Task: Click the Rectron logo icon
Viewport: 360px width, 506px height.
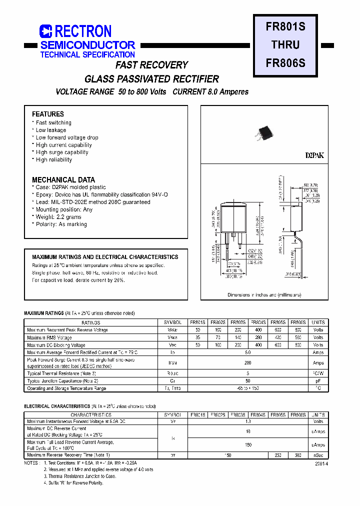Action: click(x=46, y=31)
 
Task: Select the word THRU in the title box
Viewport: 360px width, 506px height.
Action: click(x=285, y=44)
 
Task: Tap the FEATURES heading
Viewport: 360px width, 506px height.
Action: click(x=48, y=114)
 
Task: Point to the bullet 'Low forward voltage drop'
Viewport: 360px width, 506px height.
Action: click(x=67, y=137)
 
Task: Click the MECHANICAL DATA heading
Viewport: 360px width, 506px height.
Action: click(x=63, y=179)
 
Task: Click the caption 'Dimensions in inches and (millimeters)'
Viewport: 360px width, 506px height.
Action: click(x=264, y=295)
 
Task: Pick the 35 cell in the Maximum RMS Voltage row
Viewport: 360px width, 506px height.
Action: click(x=197, y=337)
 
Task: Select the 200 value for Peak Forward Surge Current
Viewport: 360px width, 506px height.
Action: click(x=247, y=363)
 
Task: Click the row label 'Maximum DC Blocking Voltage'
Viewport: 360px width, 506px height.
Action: click(x=56, y=345)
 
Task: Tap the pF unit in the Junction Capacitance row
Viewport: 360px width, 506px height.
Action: click(x=318, y=381)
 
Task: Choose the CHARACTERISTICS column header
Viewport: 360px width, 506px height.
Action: click(x=90, y=414)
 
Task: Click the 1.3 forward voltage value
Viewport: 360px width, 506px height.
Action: click(x=247, y=421)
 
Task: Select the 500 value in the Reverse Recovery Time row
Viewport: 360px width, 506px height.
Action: click(x=298, y=455)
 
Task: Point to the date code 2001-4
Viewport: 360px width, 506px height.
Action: click(x=321, y=463)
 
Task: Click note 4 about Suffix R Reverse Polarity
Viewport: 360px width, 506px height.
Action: click(x=73, y=483)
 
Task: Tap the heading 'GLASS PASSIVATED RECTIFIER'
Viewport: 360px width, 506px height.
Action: click(x=151, y=79)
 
